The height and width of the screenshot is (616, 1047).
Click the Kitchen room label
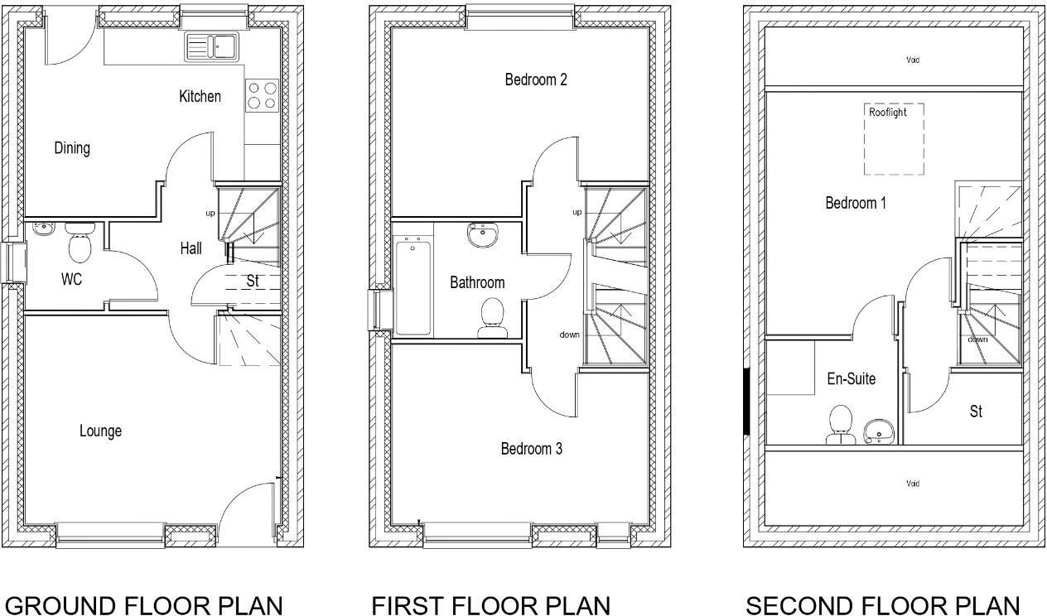(200, 97)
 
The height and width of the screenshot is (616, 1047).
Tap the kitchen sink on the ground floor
(210, 46)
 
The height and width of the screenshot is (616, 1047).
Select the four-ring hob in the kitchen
(263, 94)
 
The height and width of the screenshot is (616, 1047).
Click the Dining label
(72, 148)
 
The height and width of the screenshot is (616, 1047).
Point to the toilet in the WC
(80, 243)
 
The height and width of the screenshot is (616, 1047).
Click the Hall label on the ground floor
(191, 248)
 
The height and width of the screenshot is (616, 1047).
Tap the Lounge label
(100, 431)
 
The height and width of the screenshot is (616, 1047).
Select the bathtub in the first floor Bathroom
(413, 286)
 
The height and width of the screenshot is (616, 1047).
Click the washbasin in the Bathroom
(481, 236)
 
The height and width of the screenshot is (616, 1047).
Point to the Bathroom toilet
(493, 318)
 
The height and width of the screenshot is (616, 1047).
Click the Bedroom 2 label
(536, 80)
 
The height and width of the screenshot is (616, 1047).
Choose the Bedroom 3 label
(531, 449)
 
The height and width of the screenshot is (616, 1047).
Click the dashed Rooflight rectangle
(894, 139)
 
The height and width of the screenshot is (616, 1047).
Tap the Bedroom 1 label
(856, 203)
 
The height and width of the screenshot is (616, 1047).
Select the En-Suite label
(851, 379)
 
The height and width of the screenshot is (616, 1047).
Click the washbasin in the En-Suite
(878, 431)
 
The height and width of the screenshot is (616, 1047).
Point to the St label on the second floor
(976, 411)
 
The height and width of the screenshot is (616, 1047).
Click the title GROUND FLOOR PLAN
(143, 606)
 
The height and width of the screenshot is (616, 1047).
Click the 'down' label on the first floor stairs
(569, 334)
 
